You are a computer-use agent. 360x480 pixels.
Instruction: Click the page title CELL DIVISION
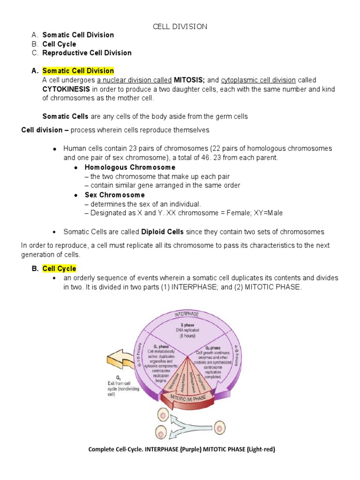(180, 26)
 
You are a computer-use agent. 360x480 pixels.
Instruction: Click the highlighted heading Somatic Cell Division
(78, 71)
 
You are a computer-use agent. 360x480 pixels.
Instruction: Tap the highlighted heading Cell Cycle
(59, 269)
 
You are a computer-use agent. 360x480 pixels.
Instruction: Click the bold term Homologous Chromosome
(130, 167)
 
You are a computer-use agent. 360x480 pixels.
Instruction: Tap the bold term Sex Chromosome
(114, 195)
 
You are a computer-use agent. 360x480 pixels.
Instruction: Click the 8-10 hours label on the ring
(139, 355)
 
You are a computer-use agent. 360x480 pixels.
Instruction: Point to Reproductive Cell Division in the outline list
(87, 53)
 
